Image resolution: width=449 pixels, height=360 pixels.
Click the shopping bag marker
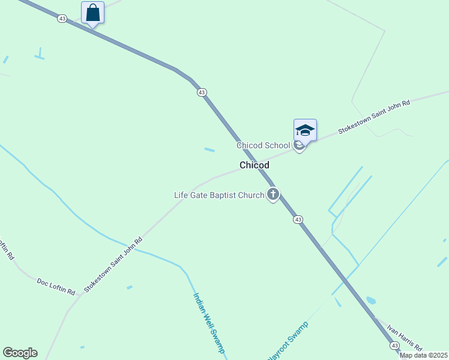(92, 13)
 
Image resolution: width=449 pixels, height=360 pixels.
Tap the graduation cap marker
(305, 130)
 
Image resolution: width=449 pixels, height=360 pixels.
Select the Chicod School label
(263, 146)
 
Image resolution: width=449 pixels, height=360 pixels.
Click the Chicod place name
(255, 165)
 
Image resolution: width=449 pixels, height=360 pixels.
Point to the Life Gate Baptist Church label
(219, 195)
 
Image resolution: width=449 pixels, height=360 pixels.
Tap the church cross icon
(273, 194)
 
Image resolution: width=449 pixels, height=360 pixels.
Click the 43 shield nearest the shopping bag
(62, 19)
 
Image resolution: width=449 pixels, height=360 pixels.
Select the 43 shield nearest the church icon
(298, 220)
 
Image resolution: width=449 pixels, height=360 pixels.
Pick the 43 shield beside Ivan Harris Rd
(394, 346)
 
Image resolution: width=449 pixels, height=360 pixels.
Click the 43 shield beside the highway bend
(202, 92)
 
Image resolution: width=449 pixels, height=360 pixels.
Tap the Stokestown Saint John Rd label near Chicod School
(373, 116)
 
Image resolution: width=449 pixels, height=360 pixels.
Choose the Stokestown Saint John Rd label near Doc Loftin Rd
(113, 265)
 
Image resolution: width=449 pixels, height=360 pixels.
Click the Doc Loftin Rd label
(56, 286)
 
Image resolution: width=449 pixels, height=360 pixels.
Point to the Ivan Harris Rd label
(405, 338)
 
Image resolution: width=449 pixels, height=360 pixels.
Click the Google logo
(20, 353)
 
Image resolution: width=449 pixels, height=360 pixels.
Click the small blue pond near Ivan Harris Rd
(370, 300)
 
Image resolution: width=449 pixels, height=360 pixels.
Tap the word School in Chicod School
(277, 146)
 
